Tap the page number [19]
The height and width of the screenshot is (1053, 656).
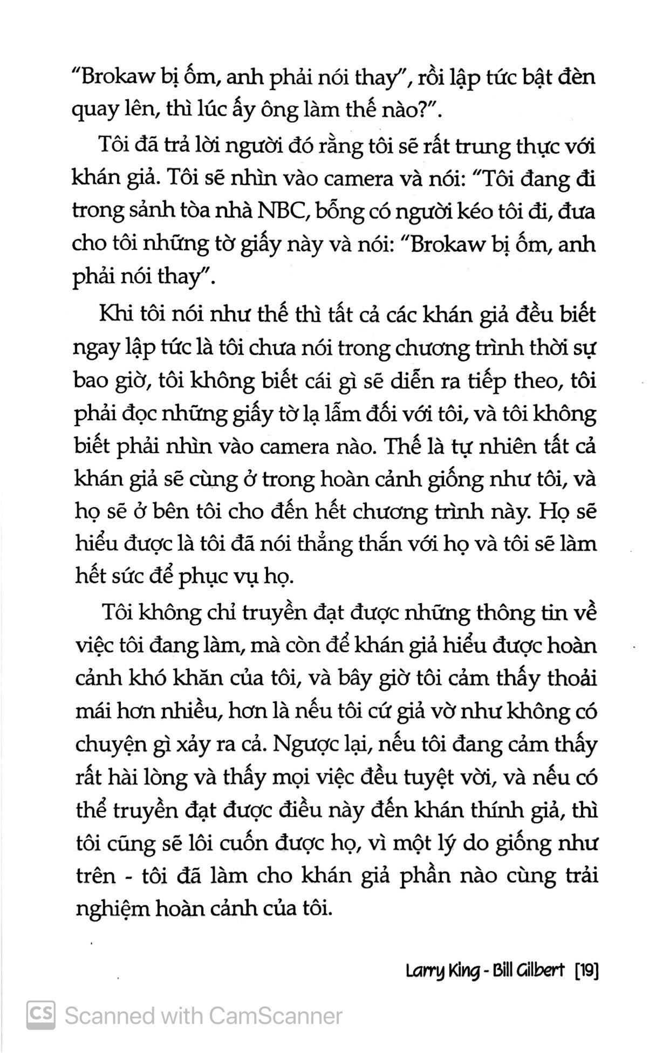(x=587, y=972)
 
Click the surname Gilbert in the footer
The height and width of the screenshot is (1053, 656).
(x=539, y=972)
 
